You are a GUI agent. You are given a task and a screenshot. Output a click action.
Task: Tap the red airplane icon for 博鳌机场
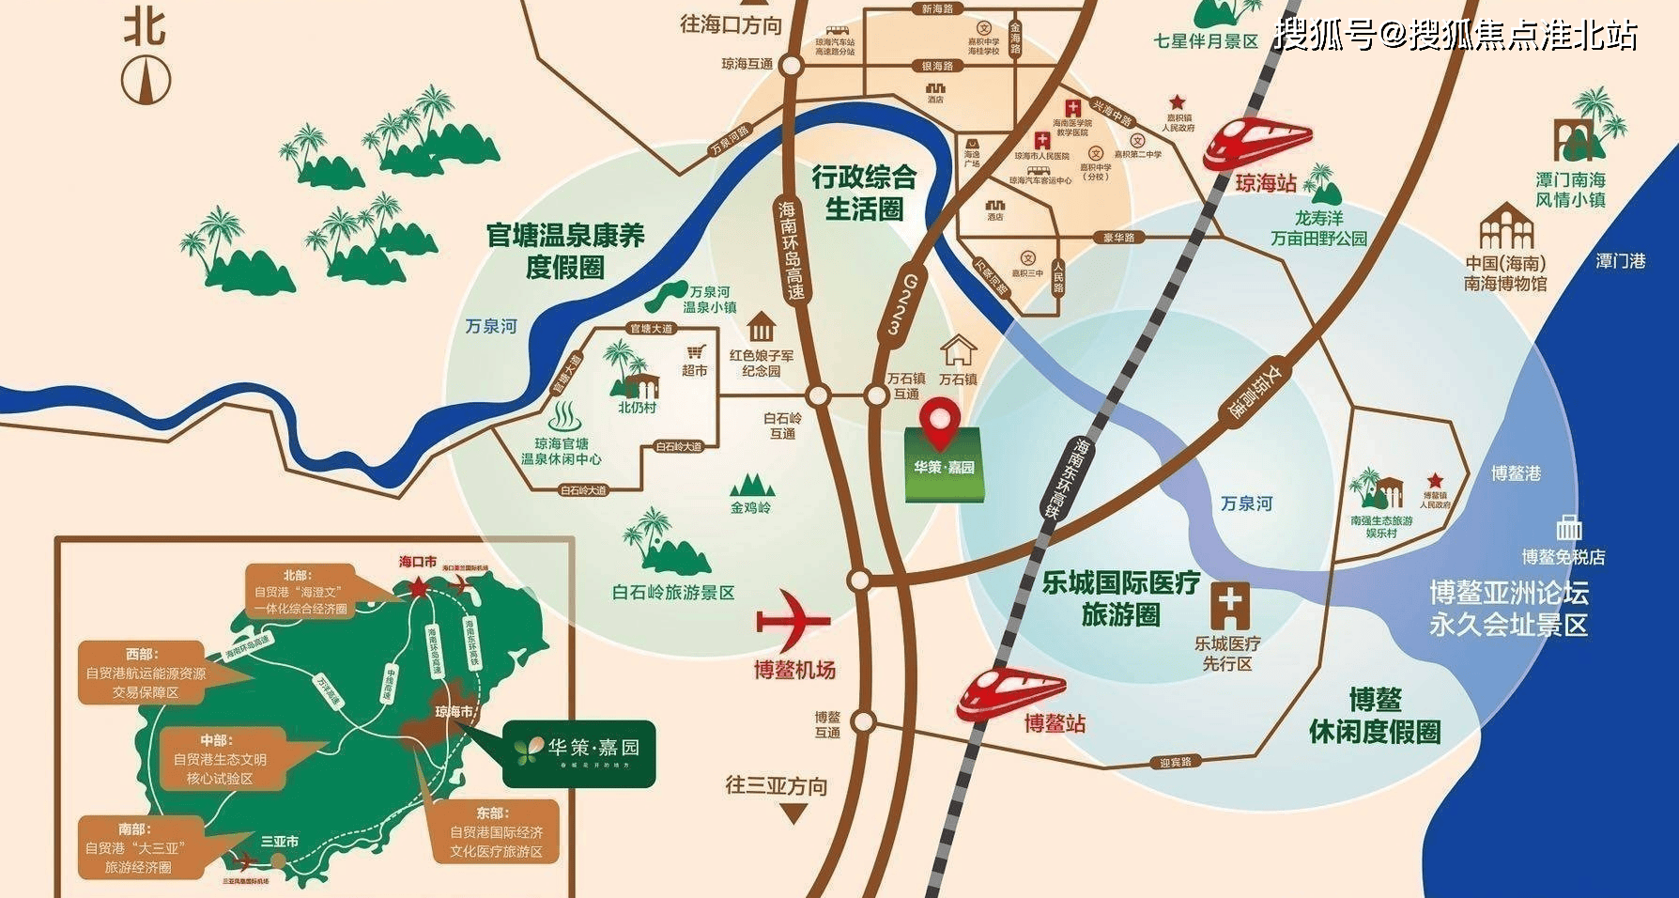793,620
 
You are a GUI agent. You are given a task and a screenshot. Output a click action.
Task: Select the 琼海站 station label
1265,183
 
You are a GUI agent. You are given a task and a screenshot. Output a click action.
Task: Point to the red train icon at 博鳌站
1010,691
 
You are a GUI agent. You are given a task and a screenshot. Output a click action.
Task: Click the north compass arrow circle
146,80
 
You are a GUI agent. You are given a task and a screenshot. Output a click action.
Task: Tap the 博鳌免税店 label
1563,556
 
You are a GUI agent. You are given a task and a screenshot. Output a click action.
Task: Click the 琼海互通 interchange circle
791,65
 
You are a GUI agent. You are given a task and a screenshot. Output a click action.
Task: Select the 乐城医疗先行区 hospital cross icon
1229,605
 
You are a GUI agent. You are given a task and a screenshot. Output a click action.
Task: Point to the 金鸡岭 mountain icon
751,485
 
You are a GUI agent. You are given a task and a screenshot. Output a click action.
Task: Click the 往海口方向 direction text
731,25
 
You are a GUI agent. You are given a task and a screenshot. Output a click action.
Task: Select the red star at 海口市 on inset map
417,587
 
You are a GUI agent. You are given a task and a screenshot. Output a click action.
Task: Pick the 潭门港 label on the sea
1620,260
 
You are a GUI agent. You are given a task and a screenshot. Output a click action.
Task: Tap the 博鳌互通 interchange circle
863,722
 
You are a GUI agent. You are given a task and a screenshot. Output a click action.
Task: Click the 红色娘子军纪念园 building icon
761,330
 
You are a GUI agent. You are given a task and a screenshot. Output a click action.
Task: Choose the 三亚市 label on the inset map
280,842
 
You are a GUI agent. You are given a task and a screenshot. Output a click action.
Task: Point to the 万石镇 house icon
958,350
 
